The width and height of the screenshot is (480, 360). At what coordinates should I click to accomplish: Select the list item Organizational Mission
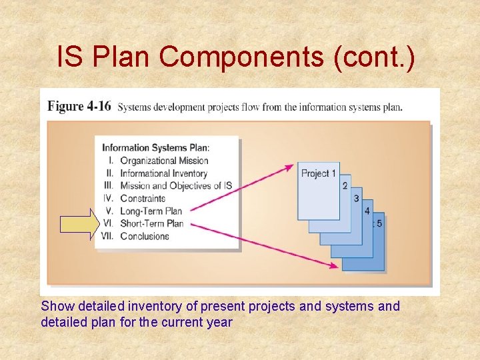[x=164, y=160]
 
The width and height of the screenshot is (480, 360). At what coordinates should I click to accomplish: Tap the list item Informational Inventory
[x=164, y=173]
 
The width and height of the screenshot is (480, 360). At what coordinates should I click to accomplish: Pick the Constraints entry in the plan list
[x=143, y=198]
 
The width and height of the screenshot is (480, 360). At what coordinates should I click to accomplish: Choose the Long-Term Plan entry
[x=151, y=211]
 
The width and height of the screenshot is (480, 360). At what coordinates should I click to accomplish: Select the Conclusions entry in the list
[x=145, y=235]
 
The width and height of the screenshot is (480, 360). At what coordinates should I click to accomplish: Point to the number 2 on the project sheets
[x=345, y=185]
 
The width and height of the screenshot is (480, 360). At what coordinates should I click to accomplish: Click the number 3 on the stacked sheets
[x=356, y=198]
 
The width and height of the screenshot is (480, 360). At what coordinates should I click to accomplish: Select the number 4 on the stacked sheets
[x=367, y=211]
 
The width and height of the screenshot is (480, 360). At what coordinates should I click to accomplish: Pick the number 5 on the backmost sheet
[x=379, y=223]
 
